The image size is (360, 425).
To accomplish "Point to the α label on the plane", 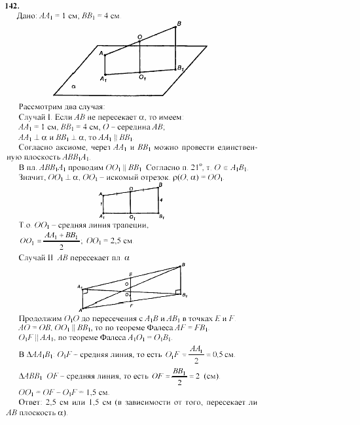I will tap(75, 86).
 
